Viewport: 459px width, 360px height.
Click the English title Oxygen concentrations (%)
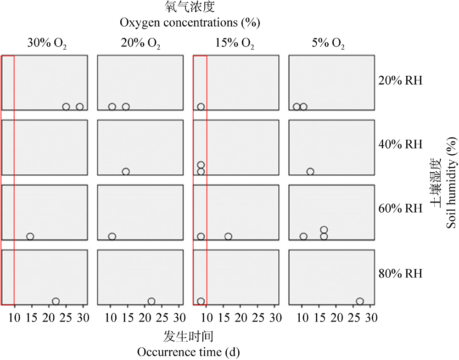[x=190, y=22]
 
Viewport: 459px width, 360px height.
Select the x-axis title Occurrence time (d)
[x=188, y=352]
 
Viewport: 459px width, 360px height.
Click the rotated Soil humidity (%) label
[x=453, y=183]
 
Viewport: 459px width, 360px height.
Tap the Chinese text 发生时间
[x=188, y=337]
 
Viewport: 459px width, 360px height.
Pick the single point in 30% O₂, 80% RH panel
[x=56, y=302]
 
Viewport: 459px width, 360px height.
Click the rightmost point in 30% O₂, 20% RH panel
[x=80, y=107]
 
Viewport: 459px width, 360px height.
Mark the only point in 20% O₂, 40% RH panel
[x=126, y=172]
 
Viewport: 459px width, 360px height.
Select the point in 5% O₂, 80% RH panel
[x=360, y=302]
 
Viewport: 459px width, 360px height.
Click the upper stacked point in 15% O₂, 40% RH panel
[x=201, y=165]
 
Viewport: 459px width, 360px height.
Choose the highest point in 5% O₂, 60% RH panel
[x=324, y=230]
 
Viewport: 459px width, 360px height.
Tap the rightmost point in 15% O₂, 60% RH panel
[x=228, y=236]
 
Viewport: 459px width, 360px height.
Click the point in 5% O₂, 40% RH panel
[x=310, y=172]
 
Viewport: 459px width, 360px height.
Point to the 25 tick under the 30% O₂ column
[x=67, y=317]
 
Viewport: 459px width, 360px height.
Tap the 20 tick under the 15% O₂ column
[x=241, y=317]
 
